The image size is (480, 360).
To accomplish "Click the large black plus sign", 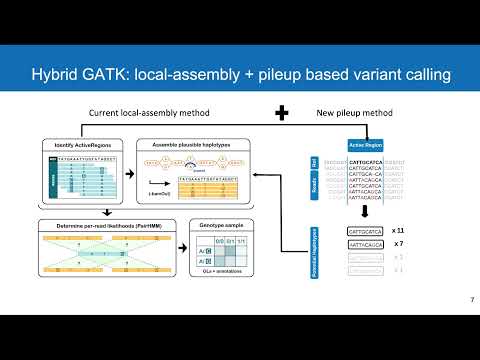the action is (281, 113).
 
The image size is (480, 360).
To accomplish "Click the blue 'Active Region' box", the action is (362, 146).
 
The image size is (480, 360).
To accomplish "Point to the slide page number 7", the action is (471, 300).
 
